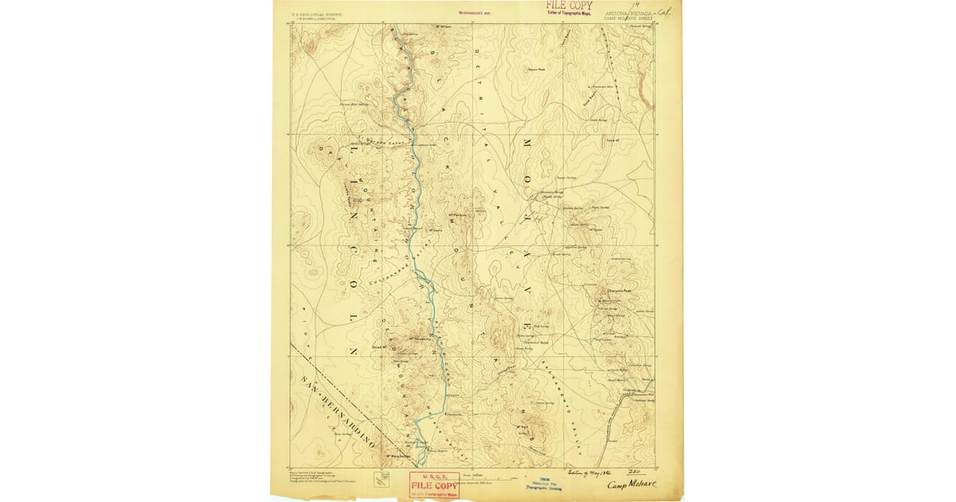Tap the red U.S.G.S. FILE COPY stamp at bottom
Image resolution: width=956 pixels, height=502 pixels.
coord(434,483)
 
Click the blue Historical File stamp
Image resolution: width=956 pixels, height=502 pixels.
coord(541,484)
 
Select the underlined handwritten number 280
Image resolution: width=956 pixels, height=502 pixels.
coord(635,472)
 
